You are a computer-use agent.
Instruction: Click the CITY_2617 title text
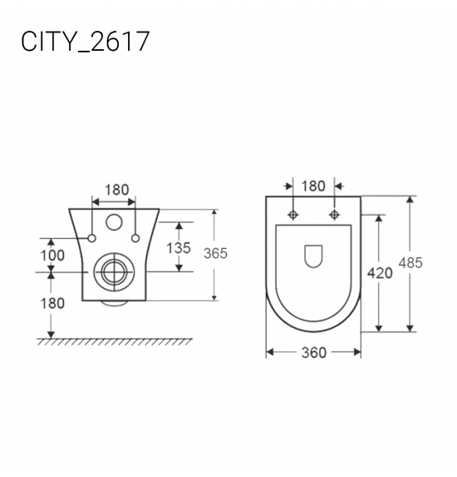click(x=86, y=41)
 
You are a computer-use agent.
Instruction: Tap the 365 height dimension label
click(x=215, y=253)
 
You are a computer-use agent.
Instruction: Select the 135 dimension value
click(x=179, y=248)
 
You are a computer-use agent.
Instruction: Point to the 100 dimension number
click(x=52, y=256)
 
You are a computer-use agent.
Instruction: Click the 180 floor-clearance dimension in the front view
click(x=52, y=303)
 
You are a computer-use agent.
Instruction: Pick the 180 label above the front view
click(x=117, y=190)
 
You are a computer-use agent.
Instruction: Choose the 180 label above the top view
click(x=313, y=186)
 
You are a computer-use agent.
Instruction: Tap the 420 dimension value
click(x=380, y=273)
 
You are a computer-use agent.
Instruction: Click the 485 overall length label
click(x=410, y=263)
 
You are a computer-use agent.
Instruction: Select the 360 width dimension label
click(x=314, y=353)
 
